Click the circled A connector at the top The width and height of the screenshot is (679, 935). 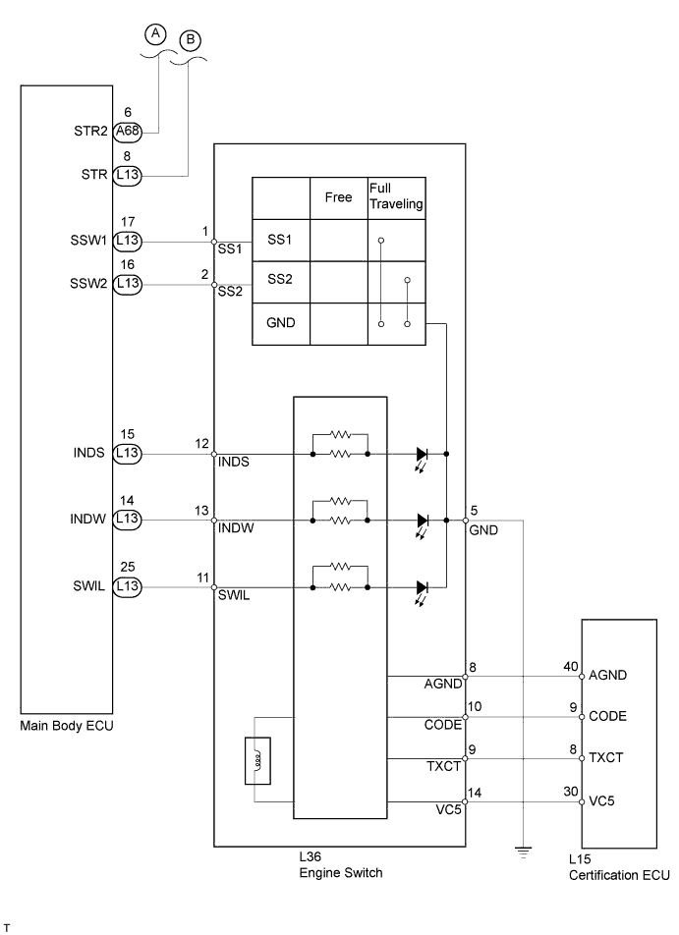[x=155, y=34]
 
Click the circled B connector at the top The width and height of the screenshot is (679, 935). [x=191, y=40]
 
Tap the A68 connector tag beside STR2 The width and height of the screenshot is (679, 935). [x=128, y=132]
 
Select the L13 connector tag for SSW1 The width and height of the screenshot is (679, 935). [x=128, y=241]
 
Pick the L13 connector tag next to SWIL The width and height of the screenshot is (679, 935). [x=128, y=586]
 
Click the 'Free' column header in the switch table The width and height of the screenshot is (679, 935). [x=338, y=197]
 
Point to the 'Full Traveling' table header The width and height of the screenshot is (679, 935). [x=396, y=196]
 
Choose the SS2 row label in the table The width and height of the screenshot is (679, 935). [x=280, y=279]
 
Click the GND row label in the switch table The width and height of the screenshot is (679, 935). [x=280, y=322]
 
